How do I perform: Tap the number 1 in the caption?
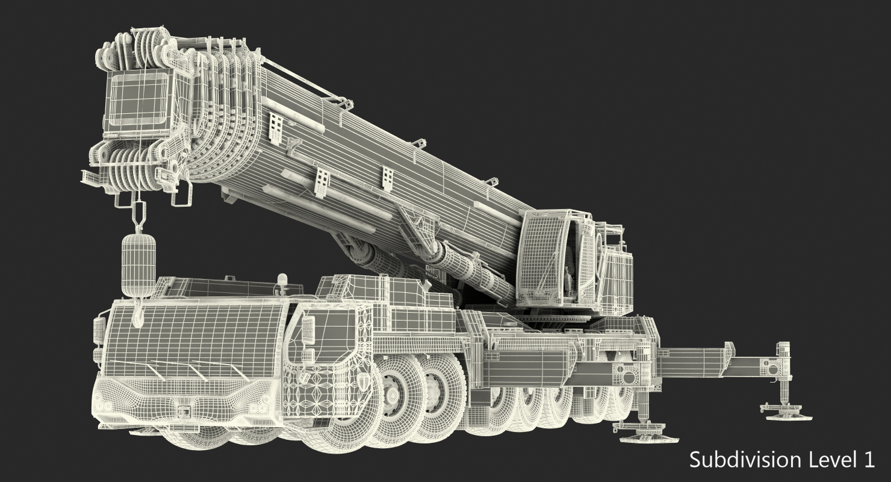(869, 460)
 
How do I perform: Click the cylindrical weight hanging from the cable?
(138, 265)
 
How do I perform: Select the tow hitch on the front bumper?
(183, 410)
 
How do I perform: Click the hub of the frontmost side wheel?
(392, 393)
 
